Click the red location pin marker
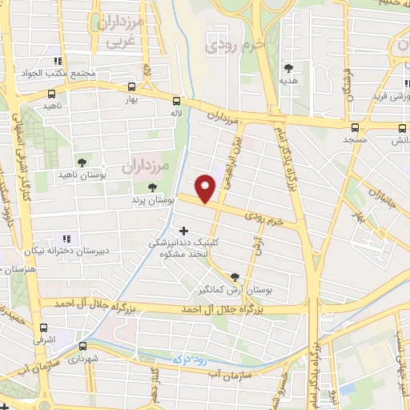point(207,188)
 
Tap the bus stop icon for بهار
point(131,87)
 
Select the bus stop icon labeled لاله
point(176,101)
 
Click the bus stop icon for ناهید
point(51,94)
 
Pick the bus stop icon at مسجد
point(355,127)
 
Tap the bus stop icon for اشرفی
point(43,327)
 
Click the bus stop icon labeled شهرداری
point(83,347)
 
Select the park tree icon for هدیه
point(288,69)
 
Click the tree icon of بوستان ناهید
point(79,161)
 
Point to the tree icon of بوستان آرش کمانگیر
point(234,276)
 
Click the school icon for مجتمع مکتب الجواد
point(57,61)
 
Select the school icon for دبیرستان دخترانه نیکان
point(67,238)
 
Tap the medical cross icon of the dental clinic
point(183,231)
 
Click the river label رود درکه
point(193,361)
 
